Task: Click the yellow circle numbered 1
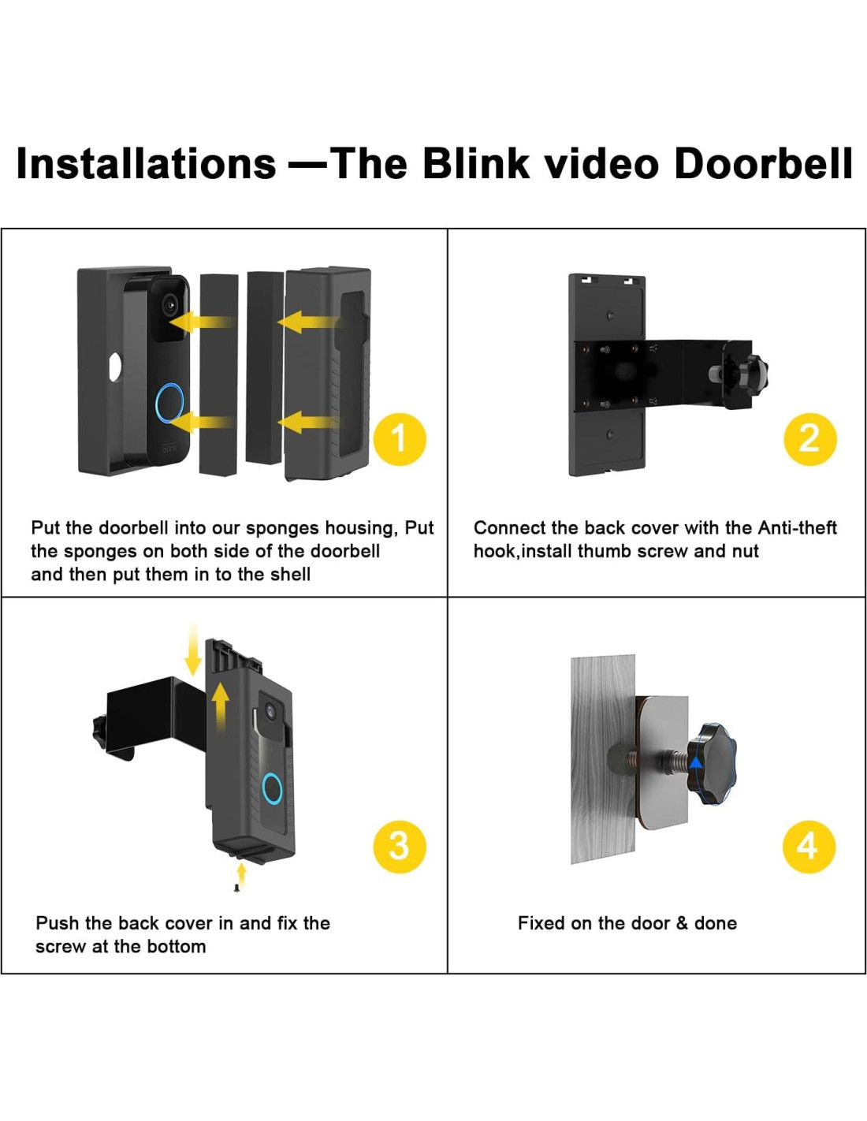click(x=400, y=439)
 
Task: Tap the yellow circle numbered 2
click(x=809, y=439)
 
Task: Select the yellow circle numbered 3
click(x=400, y=847)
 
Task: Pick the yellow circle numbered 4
click(x=808, y=847)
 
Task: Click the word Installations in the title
click(x=146, y=163)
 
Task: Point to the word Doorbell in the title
click(x=763, y=163)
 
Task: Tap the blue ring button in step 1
click(x=169, y=402)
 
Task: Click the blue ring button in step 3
click(x=272, y=789)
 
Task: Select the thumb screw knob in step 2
click(x=754, y=371)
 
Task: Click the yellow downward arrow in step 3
click(x=193, y=650)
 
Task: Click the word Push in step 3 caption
click(x=57, y=923)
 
